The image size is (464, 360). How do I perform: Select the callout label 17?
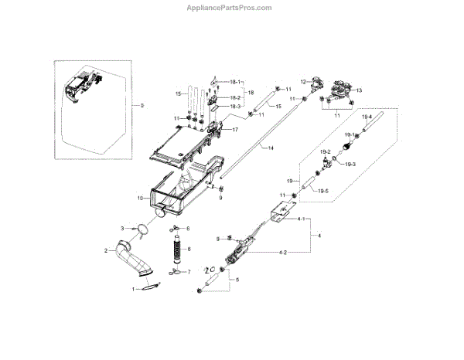point(234,130)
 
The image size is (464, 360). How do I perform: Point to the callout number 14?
point(269,147)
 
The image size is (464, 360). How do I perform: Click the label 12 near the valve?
point(305,81)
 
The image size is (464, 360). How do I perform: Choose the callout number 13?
point(358,90)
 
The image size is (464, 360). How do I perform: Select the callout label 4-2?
point(282,253)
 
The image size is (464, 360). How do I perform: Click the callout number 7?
point(189,273)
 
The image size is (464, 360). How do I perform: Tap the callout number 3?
point(122,228)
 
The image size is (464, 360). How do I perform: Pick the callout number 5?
point(237,279)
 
